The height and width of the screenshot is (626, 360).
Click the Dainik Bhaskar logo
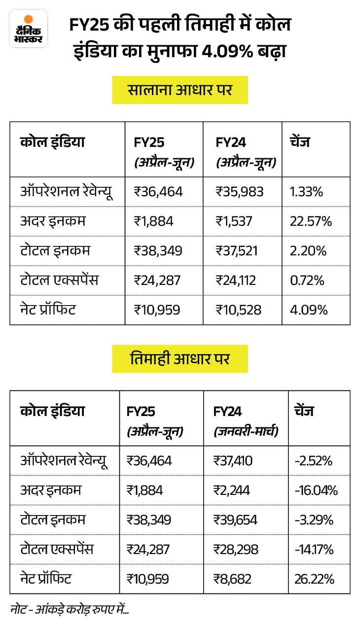29,29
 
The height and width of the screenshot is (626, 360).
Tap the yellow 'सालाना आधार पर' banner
180,90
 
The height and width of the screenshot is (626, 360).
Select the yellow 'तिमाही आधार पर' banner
180,359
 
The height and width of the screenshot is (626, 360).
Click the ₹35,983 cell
240,191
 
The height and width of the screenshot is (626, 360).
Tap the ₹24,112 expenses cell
235,280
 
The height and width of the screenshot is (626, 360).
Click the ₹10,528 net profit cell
238,310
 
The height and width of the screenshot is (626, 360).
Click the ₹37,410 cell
233,461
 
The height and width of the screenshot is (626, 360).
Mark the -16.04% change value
316,490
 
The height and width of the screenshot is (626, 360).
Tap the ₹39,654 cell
235,520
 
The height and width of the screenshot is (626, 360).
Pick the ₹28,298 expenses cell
235,549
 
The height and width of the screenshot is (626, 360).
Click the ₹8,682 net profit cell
230,578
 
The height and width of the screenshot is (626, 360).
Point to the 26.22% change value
315,578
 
